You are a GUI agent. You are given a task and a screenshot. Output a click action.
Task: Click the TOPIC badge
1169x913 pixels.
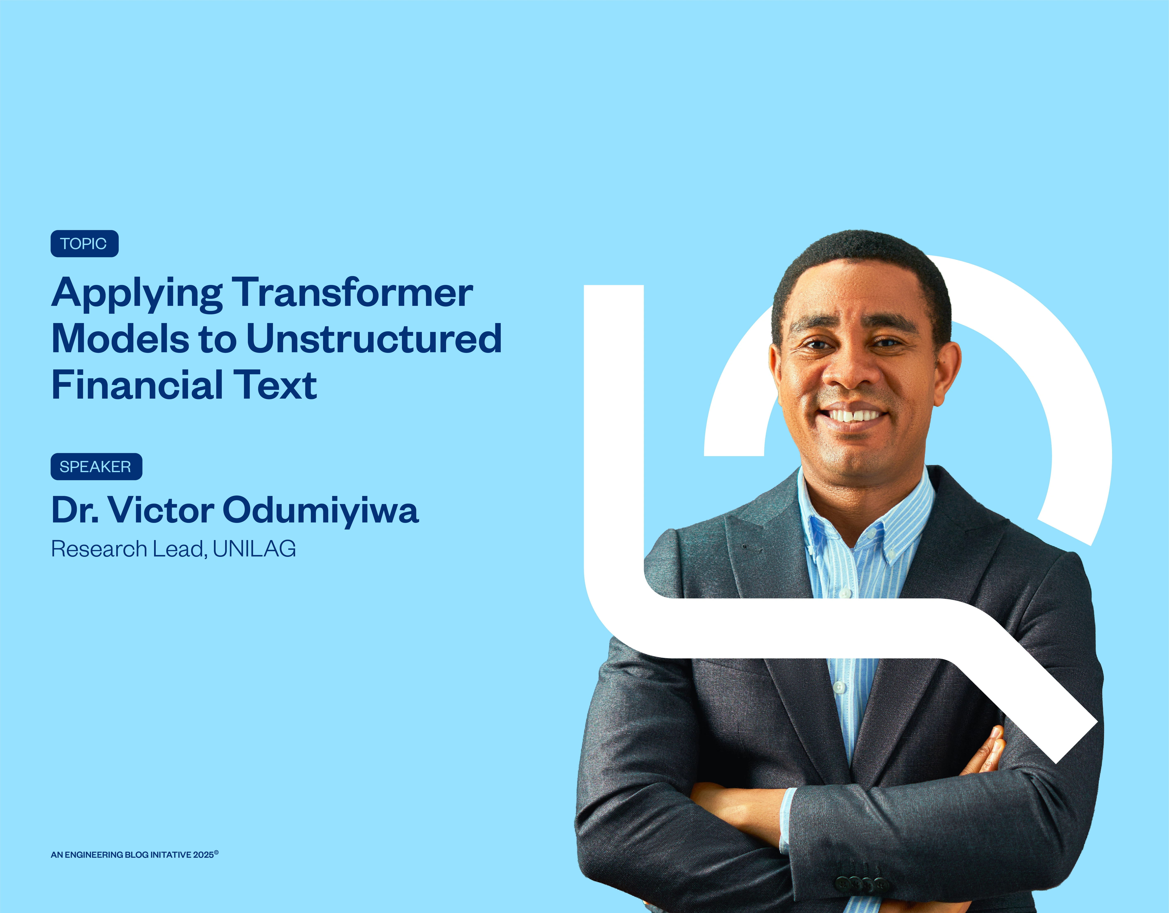tap(84, 244)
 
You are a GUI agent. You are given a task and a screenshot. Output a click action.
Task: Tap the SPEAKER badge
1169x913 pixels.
tap(96, 467)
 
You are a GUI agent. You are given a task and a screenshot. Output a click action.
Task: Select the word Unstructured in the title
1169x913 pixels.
tap(374, 339)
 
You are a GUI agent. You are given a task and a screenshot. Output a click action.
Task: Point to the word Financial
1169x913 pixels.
tap(137, 385)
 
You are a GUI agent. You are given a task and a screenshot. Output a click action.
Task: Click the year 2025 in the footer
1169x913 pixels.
tap(203, 855)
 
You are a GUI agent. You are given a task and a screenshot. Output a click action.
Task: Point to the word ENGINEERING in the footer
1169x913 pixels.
tap(94, 855)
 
